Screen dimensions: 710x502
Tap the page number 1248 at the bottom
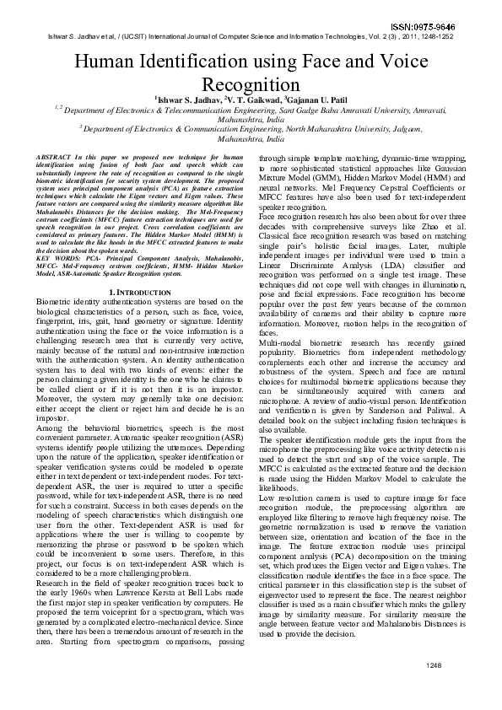pyautogui.click(x=434, y=690)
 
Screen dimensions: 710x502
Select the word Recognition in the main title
pyautogui.click(x=251, y=85)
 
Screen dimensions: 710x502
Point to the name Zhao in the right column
pyautogui.click(x=427, y=223)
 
